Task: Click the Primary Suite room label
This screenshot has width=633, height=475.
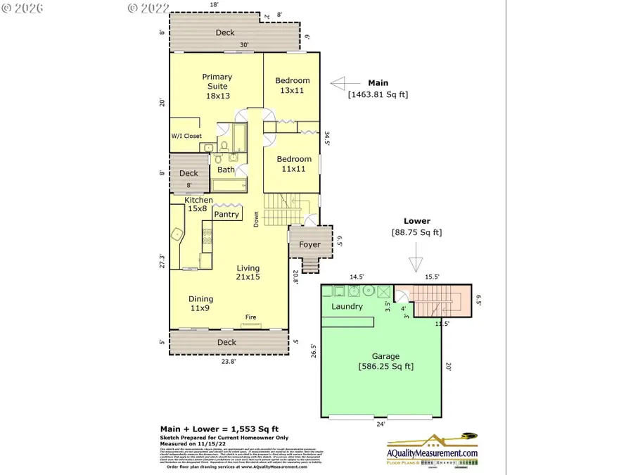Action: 217,87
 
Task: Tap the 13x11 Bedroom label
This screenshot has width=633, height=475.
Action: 292,85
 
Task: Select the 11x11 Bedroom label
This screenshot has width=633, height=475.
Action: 293,164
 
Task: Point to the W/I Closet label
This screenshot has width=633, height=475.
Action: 186,137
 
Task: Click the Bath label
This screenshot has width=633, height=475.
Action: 226,170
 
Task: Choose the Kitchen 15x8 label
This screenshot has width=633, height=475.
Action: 199,204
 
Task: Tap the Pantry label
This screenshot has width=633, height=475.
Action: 226,215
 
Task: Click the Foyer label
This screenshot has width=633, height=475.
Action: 309,245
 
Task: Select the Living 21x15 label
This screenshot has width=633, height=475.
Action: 248,272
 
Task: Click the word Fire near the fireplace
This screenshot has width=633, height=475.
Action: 250,317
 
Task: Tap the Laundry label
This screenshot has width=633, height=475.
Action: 347,306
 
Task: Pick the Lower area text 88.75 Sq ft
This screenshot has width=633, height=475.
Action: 416,232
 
